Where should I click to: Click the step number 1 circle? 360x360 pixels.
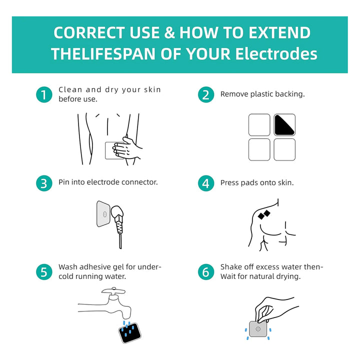(x=44, y=94)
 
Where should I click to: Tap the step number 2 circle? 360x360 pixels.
(x=206, y=94)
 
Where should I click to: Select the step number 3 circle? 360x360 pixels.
(x=44, y=183)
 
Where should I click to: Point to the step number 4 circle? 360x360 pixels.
(x=206, y=183)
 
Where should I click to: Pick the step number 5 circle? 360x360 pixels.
(x=44, y=272)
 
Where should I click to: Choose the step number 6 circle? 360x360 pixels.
(x=206, y=272)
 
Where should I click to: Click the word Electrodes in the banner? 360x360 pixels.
(x=276, y=54)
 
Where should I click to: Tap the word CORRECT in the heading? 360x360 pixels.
(x=89, y=32)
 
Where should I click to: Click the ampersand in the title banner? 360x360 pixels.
(x=169, y=32)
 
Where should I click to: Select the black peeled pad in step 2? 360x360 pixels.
(x=284, y=125)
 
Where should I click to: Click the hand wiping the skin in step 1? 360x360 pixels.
(x=126, y=148)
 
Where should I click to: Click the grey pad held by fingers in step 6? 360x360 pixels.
(x=258, y=329)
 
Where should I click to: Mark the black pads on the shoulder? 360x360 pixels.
(x=264, y=215)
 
